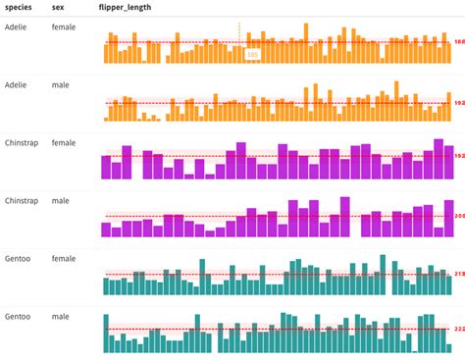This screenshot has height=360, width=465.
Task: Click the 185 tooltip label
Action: click(x=252, y=55)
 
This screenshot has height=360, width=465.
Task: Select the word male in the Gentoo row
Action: click(x=60, y=317)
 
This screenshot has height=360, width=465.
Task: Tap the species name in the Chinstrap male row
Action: click(x=22, y=201)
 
